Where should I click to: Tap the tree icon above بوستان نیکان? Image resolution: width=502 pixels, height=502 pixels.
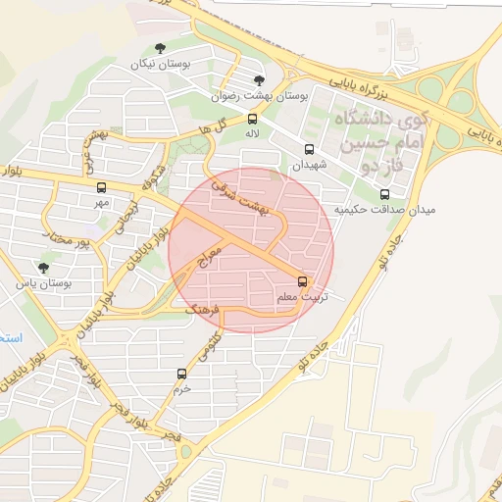click(161, 47)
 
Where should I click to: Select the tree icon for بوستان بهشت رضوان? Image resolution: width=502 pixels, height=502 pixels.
click(259, 81)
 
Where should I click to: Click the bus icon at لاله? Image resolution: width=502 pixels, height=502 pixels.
click(253, 120)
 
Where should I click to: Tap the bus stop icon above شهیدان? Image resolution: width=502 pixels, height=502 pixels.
click(310, 150)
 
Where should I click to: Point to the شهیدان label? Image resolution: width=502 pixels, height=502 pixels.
click(309, 166)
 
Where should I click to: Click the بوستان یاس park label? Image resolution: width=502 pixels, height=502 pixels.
click(44, 283)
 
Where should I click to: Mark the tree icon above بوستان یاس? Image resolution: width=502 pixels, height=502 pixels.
click(42, 267)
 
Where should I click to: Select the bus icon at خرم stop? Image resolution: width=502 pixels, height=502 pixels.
click(181, 374)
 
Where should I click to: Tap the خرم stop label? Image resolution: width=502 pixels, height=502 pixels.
click(181, 389)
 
